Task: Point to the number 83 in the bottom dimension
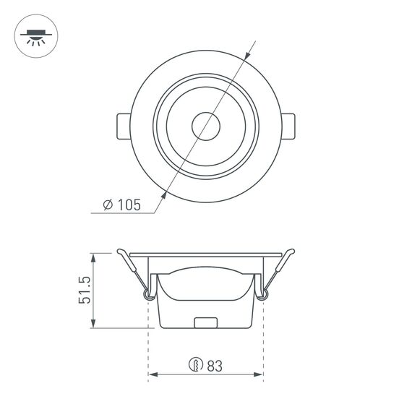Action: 214,366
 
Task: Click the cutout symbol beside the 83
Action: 194,366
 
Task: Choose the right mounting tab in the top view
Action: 288,126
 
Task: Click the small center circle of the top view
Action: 206,126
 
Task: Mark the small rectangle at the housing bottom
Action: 206,323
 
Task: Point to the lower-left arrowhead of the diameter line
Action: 166,195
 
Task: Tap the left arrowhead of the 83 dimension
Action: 153,375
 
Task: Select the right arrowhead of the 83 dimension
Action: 259,375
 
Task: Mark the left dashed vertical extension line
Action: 148,340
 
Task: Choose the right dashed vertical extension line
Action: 264,340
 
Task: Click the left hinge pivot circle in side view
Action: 149,294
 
